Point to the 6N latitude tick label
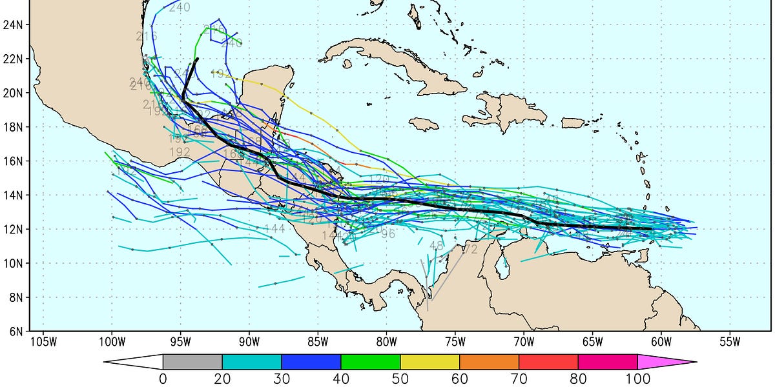[15, 332]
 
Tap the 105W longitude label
[43, 341]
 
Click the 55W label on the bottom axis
[730, 341]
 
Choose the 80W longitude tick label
[386, 341]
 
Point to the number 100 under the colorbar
[637, 379]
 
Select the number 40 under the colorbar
[341, 379]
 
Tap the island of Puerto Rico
[573, 123]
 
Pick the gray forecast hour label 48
[437, 246]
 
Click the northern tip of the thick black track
[197, 59]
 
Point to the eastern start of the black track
[651, 229]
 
